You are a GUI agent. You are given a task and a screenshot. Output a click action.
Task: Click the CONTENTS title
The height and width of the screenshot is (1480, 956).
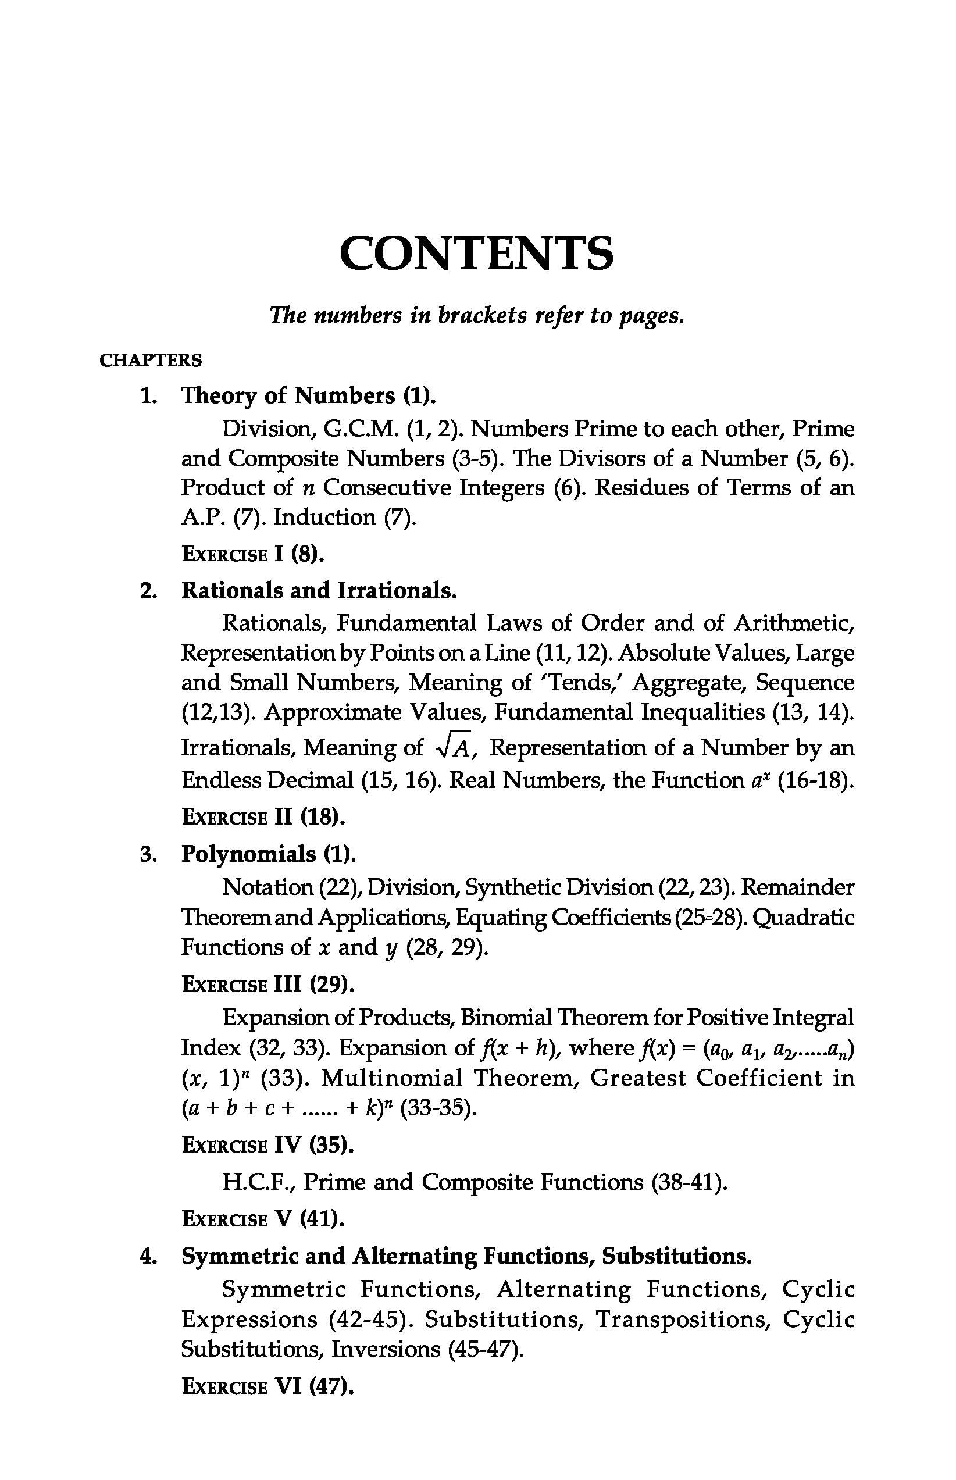click(477, 254)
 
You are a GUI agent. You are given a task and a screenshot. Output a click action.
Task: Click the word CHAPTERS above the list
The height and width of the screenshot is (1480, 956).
click(151, 360)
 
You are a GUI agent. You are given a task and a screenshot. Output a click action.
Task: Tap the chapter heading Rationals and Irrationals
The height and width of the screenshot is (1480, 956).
click(319, 590)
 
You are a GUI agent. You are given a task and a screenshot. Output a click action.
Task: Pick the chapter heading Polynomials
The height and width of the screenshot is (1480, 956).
click(268, 854)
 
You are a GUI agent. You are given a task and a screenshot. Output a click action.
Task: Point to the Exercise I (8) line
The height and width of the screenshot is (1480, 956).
click(252, 554)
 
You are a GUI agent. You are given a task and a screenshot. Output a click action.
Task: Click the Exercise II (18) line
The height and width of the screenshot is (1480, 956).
click(263, 817)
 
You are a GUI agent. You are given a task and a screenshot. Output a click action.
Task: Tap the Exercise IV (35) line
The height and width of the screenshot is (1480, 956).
click(267, 1146)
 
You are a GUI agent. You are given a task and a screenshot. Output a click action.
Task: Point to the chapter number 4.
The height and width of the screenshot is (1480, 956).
click(147, 1257)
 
